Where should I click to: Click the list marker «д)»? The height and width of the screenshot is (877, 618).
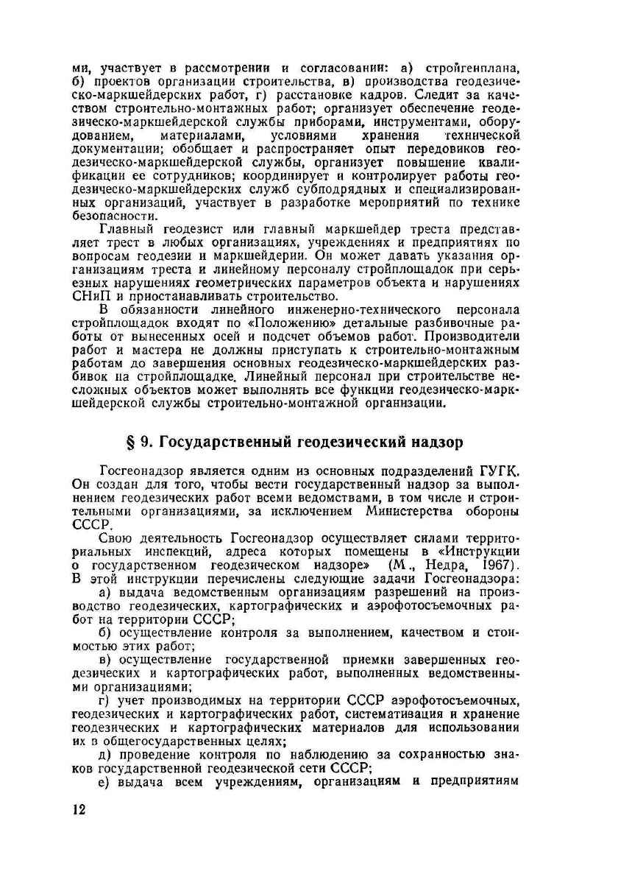point(105,752)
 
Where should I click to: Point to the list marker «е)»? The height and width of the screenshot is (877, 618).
point(105,779)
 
